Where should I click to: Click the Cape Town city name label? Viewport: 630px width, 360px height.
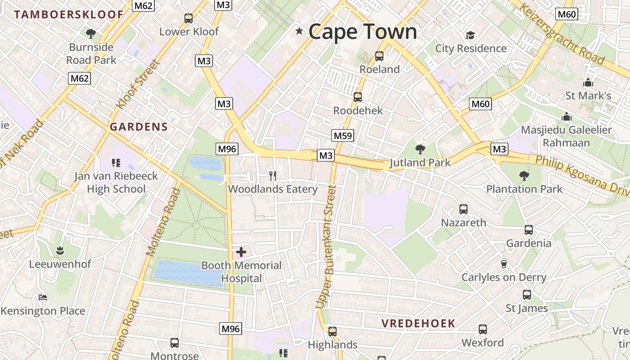coord(363,31)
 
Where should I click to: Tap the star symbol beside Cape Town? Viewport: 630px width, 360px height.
coord(299,31)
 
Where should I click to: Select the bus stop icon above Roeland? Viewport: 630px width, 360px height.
coord(379,56)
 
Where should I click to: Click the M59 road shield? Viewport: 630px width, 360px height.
coord(343,135)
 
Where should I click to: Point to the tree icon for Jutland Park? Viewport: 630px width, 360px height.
coord(420,149)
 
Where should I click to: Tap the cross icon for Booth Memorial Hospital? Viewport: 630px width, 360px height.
coord(241,252)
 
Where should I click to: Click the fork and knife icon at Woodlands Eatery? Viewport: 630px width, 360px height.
coord(272,175)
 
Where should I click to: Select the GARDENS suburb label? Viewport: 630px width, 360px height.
coord(139,127)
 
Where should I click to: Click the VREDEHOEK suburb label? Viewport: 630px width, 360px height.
coord(418,323)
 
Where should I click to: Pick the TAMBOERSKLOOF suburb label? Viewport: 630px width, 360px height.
coord(68,14)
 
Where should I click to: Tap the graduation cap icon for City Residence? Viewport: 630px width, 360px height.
coord(470,35)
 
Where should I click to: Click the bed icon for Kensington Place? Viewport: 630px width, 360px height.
coord(42,297)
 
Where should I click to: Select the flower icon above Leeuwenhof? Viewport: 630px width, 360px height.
coord(59,250)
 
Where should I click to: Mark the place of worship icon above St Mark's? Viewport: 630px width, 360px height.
coord(588,83)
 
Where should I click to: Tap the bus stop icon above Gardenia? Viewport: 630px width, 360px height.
coord(529,230)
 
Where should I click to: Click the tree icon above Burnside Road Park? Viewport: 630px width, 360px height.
coord(91,33)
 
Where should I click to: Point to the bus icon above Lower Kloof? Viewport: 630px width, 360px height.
coord(189,18)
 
